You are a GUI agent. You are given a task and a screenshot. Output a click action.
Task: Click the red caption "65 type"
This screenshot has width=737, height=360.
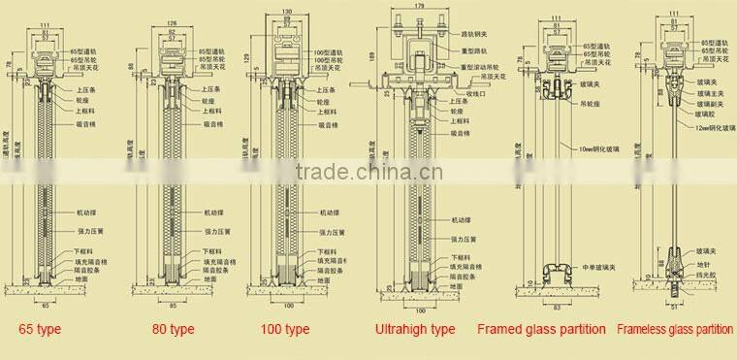40,330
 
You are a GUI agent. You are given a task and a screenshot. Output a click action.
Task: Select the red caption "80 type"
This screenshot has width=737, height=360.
175,330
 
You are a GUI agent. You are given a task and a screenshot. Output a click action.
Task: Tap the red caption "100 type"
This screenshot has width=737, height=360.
285,330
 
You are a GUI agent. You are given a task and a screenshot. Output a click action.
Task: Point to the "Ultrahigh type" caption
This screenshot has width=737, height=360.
415,330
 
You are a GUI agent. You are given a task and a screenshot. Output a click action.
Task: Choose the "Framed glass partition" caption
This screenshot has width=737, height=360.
541,330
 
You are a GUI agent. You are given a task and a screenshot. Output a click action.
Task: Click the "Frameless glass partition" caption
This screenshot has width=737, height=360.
675,330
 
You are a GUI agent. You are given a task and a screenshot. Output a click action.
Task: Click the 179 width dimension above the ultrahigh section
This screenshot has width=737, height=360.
420,7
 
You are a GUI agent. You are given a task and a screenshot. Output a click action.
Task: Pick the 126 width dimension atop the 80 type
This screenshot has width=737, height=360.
173,21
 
